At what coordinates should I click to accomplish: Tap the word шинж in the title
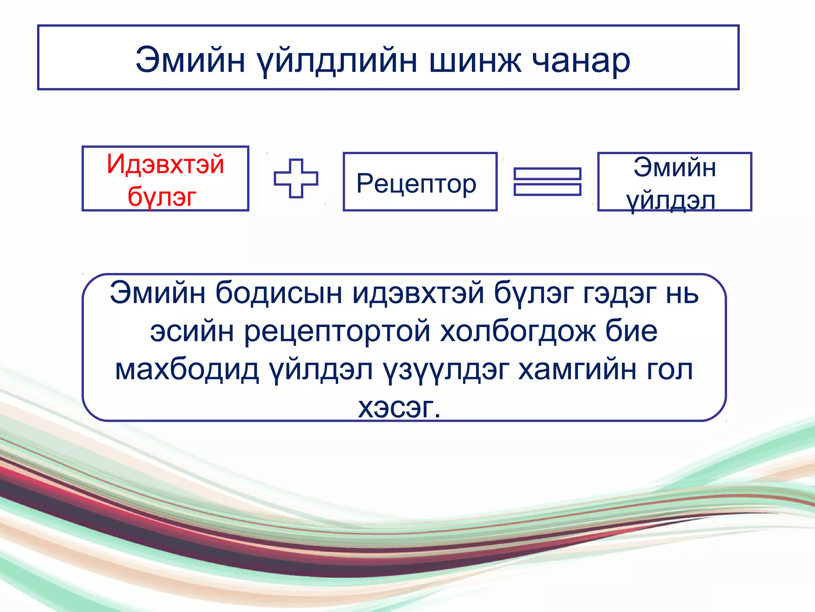(x=475, y=61)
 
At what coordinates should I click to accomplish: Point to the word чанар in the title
(x=581, y=61)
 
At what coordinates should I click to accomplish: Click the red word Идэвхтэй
(x=165, y=164)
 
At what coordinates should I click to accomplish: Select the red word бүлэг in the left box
(x=162, y=196)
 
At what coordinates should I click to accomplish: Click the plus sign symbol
(x=296, y=178)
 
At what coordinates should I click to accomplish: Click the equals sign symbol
(x=547, y=182)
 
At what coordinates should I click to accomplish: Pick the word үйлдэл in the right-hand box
(x=671, y=200)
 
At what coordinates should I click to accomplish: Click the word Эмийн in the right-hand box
(x=675, y=167)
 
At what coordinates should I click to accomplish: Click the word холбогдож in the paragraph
(x=518, y=331)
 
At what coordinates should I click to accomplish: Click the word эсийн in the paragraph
(x=192, y=331)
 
